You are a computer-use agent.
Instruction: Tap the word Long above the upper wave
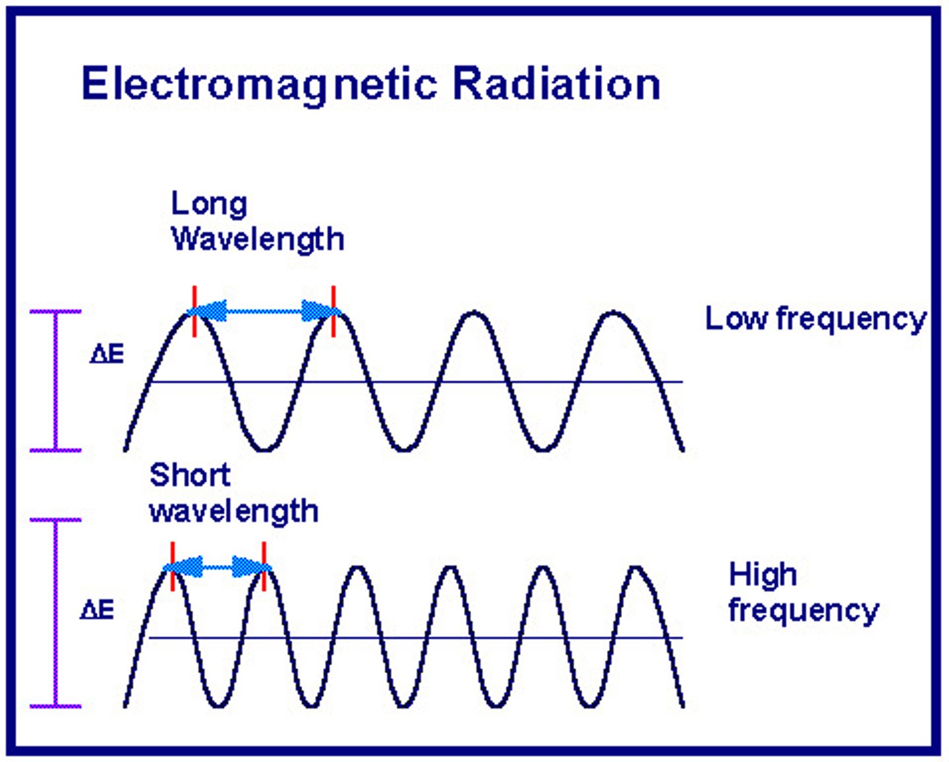(x=209, y=204)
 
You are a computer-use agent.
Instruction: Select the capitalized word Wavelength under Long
(x=258, y=239)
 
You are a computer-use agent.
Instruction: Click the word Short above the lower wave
(x=190, y=475)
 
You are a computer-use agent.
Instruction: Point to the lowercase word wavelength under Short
(x=234, y=512)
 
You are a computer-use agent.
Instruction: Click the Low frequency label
(x=816, y=320)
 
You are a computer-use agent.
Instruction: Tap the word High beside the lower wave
(x=762, y=574)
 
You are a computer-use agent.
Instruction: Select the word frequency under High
(x=803, y=610)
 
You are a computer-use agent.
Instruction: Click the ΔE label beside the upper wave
(x=107, y=355)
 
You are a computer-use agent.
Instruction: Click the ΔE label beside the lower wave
(x=97, y=610)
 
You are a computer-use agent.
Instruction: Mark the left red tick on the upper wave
(x=194, y=311)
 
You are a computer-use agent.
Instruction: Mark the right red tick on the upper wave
(x=333, y=311)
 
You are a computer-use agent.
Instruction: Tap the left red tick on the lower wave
(x=172, y=566)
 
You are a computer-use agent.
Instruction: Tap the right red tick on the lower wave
(x=264, y=566)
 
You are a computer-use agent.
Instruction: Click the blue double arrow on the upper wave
(x=264, y=311)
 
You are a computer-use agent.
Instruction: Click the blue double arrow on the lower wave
(x=217, y=566)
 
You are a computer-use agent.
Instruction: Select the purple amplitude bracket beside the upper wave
(x=56, y=381)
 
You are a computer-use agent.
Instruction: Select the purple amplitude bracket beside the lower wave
(x=56, y=613)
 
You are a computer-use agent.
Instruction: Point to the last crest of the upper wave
(x=614, y=313)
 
